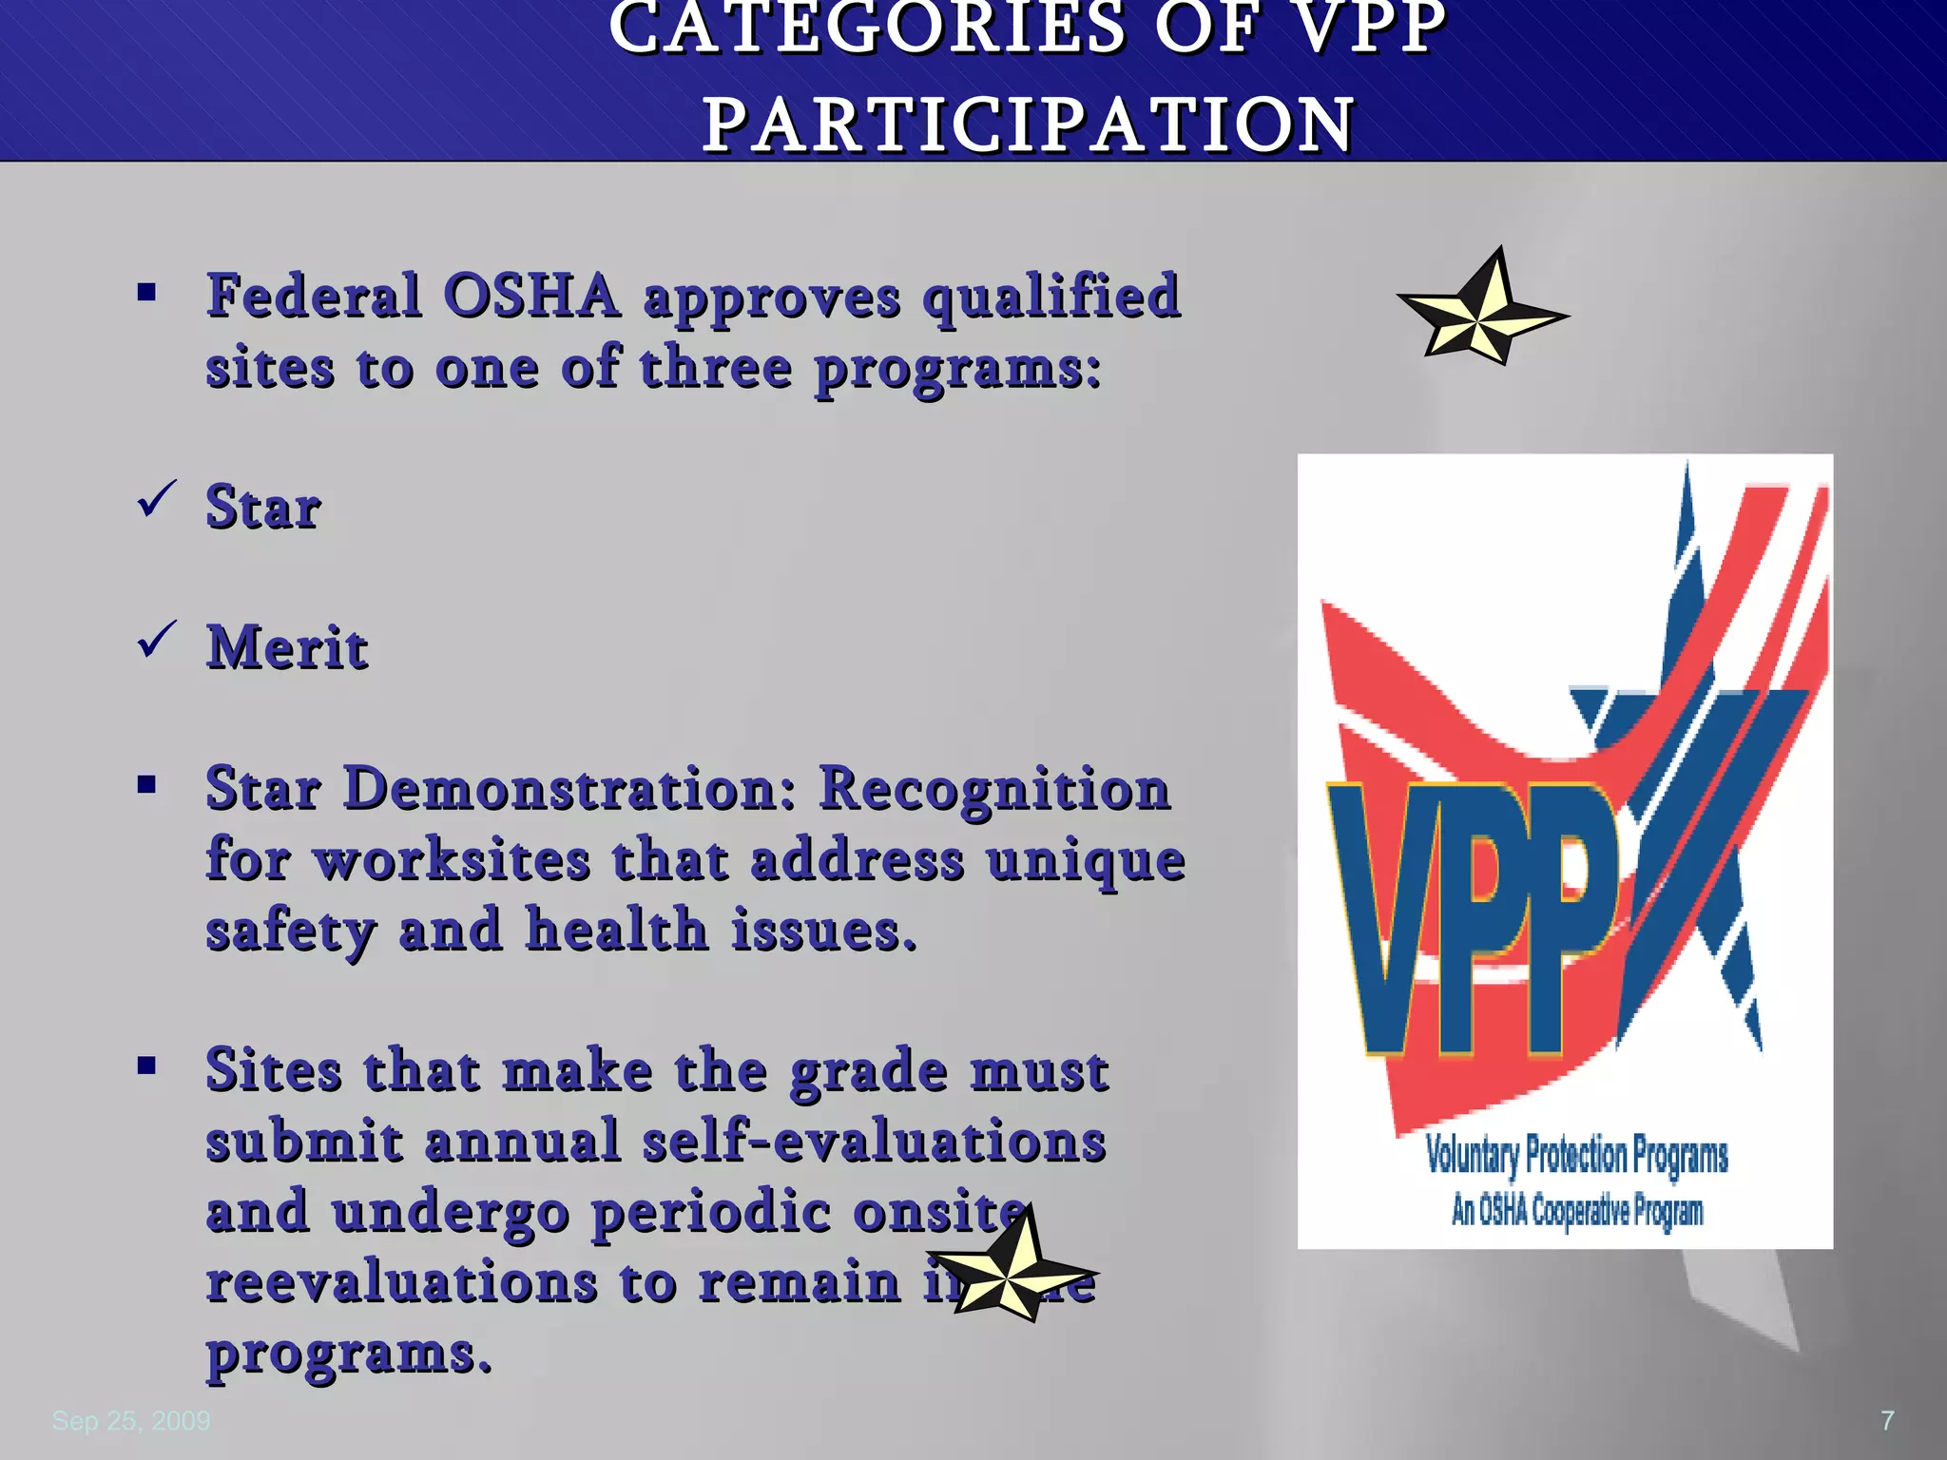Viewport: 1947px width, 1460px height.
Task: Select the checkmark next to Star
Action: point(156,499)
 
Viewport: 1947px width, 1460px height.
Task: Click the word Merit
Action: point(287,648)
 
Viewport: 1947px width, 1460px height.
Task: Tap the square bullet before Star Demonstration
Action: point(146,785)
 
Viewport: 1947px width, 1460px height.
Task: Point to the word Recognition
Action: point(994,789)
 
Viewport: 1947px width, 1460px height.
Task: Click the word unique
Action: point(1086,861)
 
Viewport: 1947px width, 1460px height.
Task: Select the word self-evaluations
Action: point(874,1141)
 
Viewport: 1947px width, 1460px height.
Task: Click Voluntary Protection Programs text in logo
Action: point(1576,1156)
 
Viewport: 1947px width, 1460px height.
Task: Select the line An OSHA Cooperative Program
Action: point(1576,1211)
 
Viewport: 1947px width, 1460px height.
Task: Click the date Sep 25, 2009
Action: point(131,1421)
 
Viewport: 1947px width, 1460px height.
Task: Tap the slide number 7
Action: point(1887,1421)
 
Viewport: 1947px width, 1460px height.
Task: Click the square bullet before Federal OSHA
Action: point(146,292)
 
